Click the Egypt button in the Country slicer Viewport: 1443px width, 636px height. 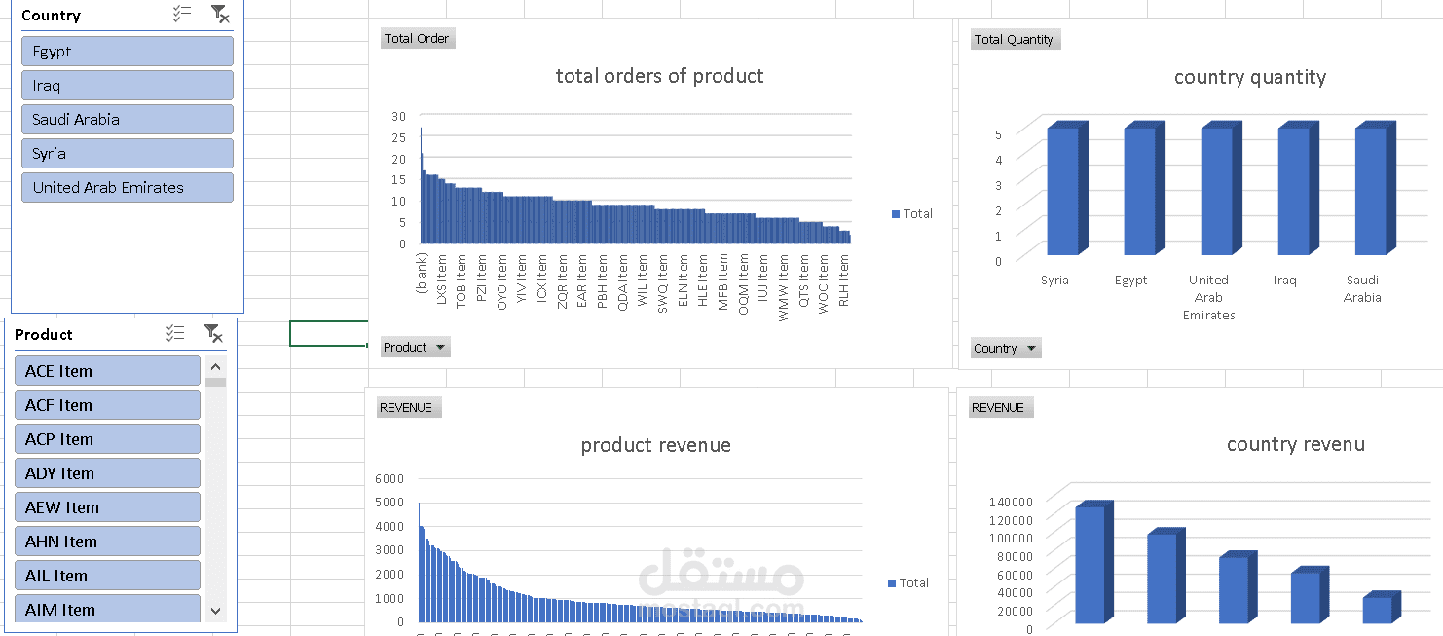(127, 52)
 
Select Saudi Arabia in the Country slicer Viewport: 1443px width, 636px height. (127, 120)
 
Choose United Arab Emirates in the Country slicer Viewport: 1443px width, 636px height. (127, 188)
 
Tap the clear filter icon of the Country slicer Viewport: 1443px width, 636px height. (220, 14)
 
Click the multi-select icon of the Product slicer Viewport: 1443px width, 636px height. (175, 334)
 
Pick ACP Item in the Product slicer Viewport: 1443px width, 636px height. (107, 439)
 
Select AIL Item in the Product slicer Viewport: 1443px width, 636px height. (107, 576)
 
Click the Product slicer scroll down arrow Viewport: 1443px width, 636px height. (215, 611)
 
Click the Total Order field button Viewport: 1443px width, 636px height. (417, 39)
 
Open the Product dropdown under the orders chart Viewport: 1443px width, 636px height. (415, 348)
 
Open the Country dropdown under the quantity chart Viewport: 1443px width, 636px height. (1006, 349)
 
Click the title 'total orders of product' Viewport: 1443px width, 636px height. (659, 76)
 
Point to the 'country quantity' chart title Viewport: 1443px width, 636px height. (1249, 77)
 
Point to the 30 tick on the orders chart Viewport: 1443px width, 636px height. (398, 116)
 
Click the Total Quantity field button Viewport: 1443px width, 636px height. (1015, 40)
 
